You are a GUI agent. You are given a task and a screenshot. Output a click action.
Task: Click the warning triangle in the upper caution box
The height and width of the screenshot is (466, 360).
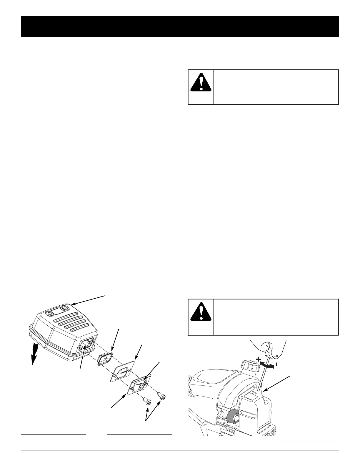click(x=201, y=81)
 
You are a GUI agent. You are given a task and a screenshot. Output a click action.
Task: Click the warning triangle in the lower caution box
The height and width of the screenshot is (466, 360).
click(x=201, y=311)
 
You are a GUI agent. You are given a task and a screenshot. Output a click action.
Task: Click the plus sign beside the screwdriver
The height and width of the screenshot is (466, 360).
click(x=258, y=359)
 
